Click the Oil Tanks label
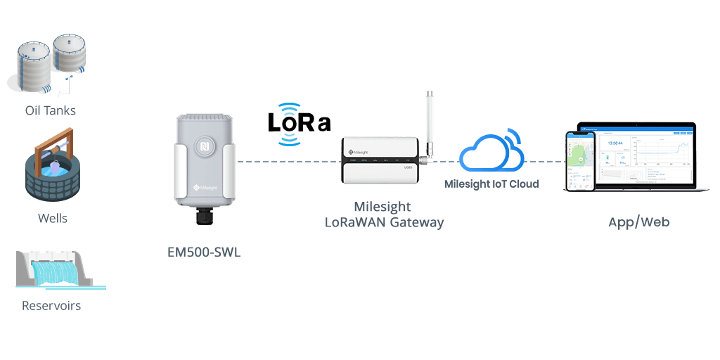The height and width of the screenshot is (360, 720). [50, 111]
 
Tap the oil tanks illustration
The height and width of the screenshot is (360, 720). [49, 64]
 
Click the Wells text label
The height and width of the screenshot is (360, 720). [53, 219]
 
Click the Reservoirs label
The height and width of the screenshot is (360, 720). [51, 306]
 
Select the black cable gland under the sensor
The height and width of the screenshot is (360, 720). [205, 216]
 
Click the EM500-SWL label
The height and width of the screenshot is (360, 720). [204, 252]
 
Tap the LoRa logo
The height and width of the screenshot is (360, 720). [299, 123]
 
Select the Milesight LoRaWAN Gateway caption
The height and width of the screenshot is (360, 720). [384, 215]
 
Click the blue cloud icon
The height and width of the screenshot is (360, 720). [491, 151]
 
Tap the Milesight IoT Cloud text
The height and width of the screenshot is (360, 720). [491, 184]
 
